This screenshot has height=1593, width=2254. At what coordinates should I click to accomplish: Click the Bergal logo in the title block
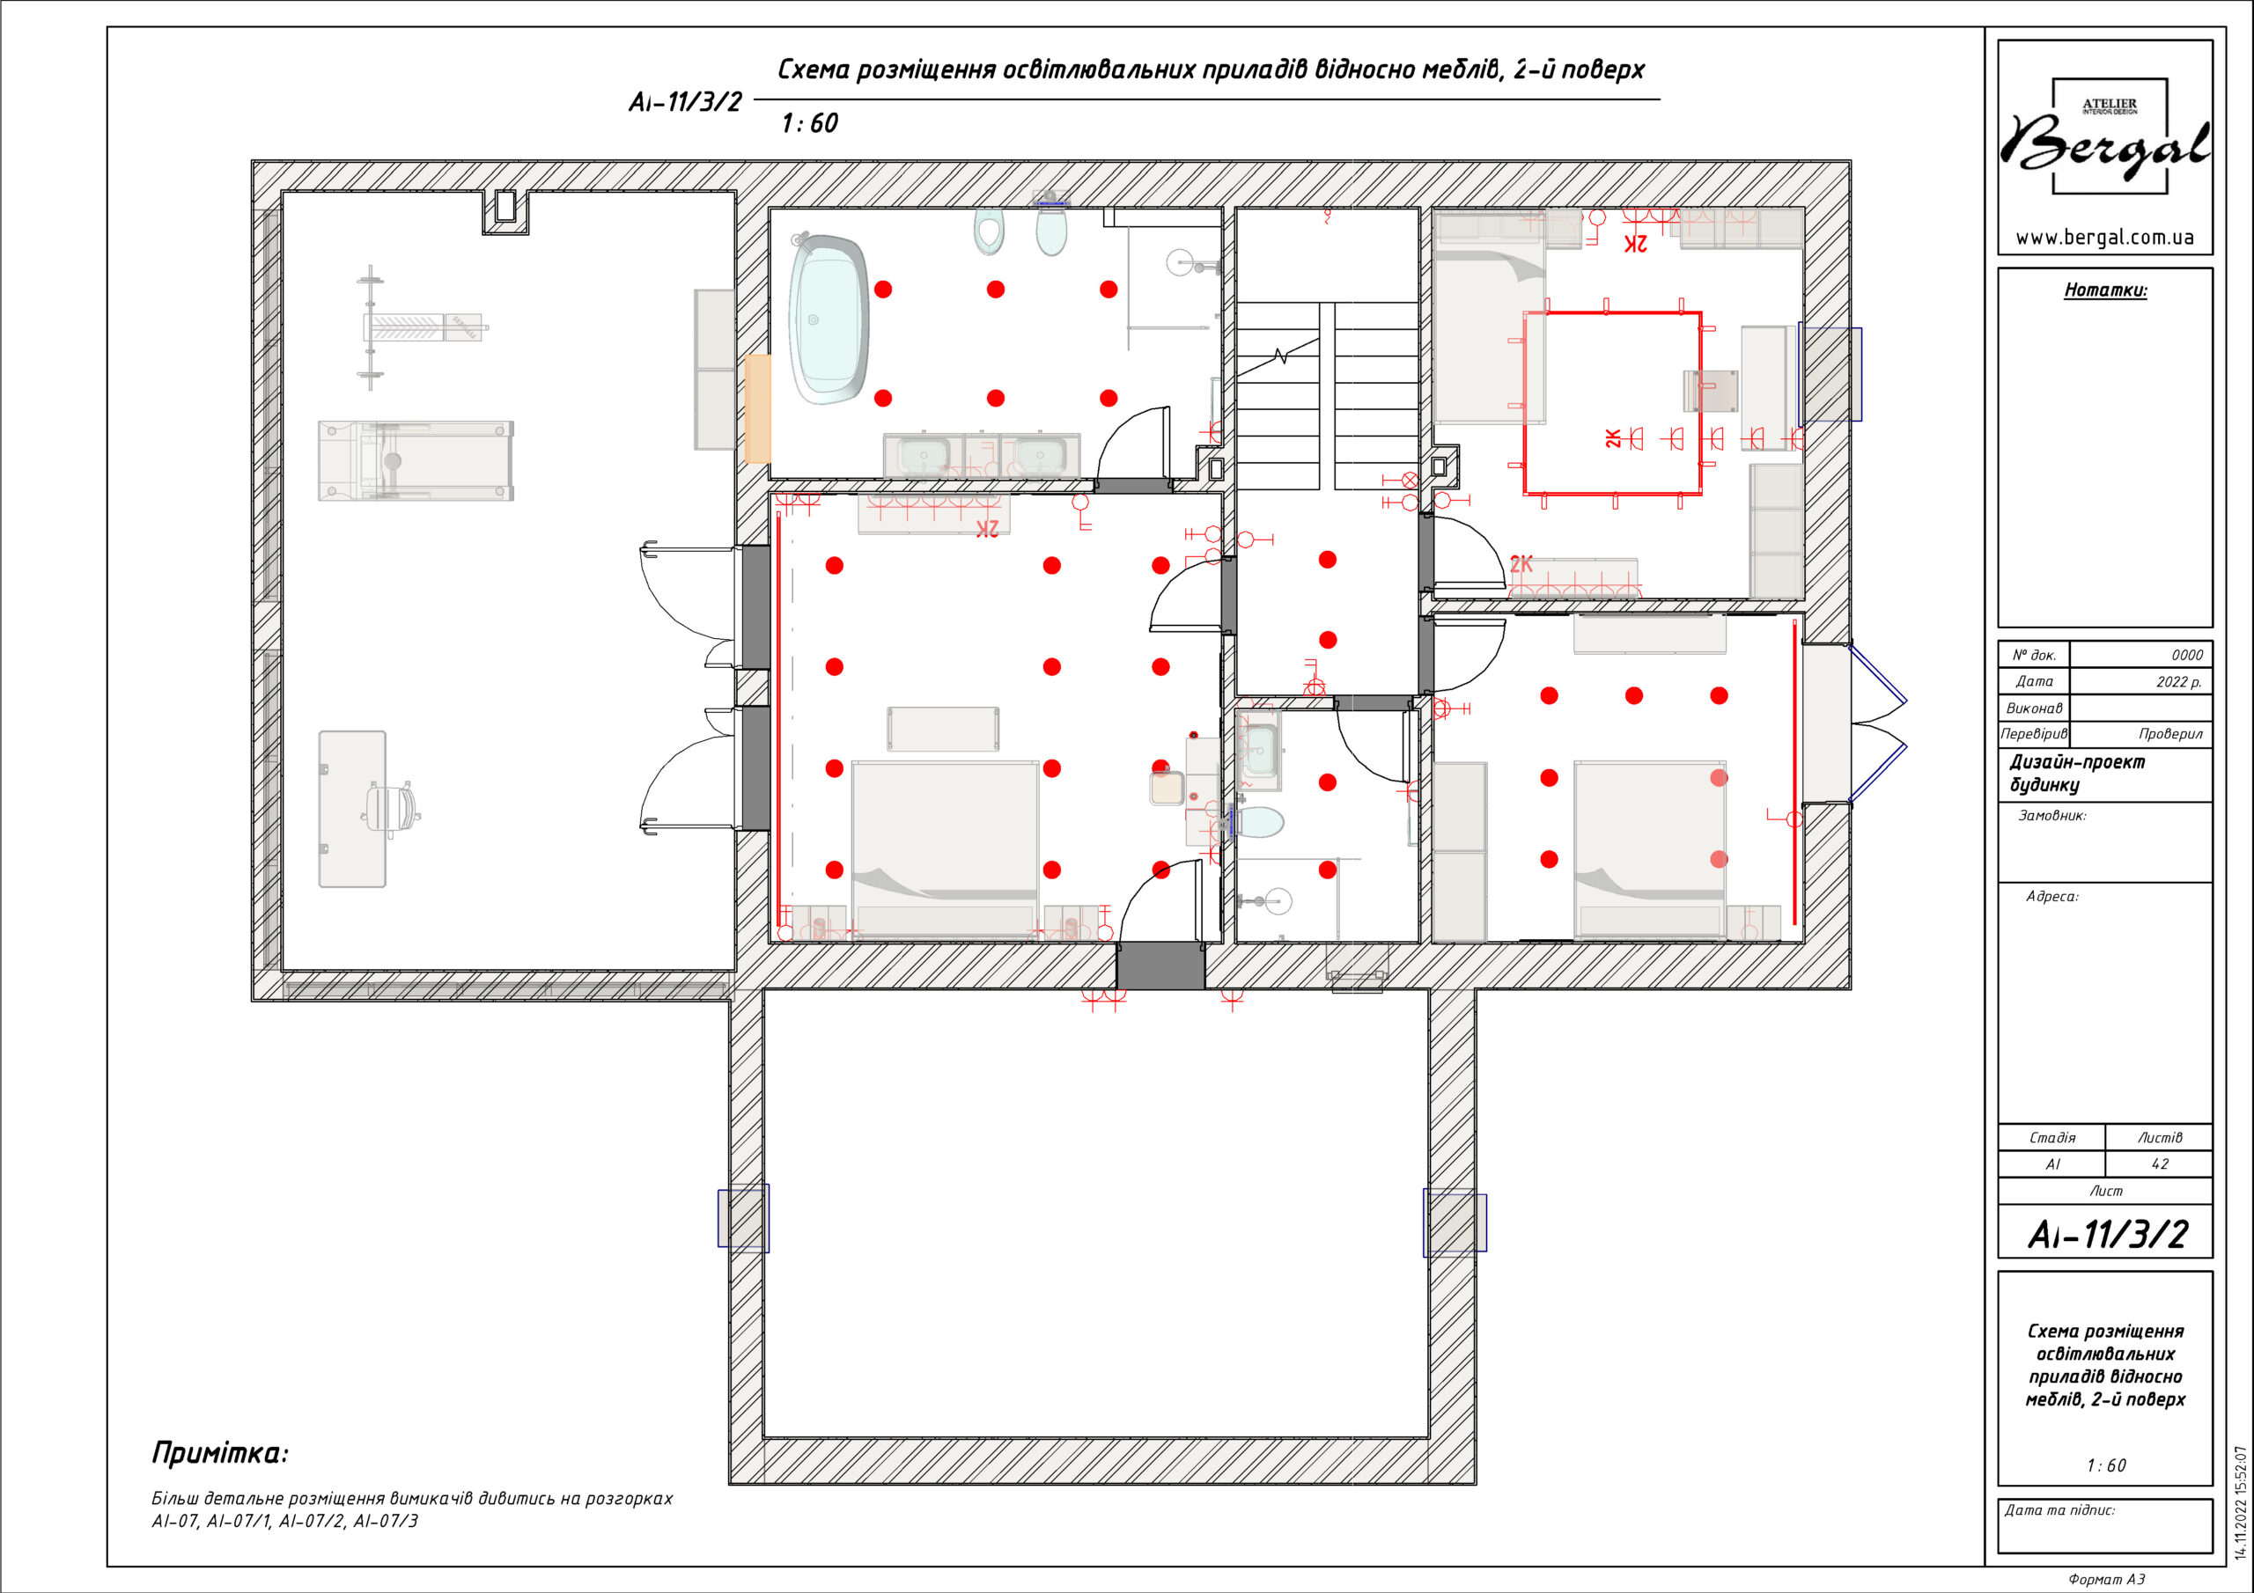[2107, 137]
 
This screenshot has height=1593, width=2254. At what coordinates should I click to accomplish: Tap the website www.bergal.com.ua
[2105, 238]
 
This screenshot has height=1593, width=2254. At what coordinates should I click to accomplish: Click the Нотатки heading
[2105, 290]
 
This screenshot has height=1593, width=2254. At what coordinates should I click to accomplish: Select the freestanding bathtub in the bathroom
[830, 319]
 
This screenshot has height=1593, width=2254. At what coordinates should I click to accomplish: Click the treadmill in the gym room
[416, 460]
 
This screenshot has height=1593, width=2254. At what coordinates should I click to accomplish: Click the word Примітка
[220, 1453]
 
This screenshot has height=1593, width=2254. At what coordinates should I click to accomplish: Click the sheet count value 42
[2159, 1164]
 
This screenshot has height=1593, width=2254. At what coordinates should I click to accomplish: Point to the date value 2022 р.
[2178, 681]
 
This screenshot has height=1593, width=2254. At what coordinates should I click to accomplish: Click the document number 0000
[2186, 655]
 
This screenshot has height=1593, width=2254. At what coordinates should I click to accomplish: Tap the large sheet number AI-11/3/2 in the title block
[2107, 1234]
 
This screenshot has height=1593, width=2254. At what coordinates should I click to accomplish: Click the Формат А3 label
[2106, 1579]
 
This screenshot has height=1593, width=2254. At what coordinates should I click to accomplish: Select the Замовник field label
[2051, 816]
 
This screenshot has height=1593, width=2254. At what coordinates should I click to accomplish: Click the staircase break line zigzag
[1280, 356]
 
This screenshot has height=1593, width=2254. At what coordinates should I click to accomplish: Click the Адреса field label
[2051, 896]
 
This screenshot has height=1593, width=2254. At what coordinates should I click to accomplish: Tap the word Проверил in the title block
[2170, 733]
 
